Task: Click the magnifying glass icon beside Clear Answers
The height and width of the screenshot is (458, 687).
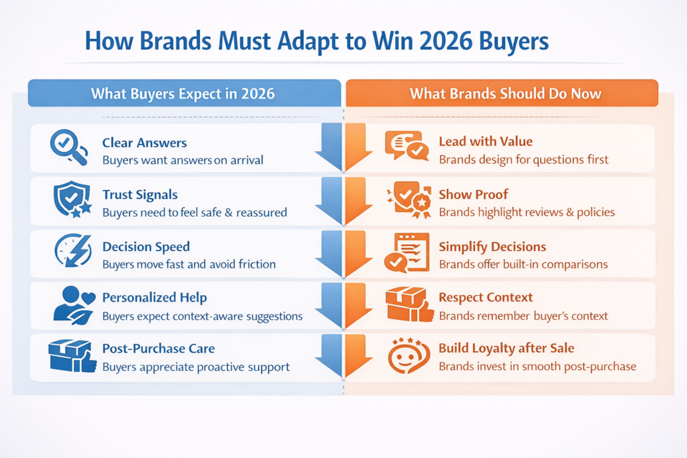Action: (69, 148)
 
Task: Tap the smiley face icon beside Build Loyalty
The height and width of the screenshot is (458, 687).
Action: (408, 356)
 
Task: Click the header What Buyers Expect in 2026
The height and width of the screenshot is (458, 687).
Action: (183, 93)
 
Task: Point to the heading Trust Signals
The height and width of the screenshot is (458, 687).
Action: (140, 194)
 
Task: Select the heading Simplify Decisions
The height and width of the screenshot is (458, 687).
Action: (492, 247)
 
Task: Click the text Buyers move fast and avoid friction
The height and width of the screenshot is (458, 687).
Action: (189, 264)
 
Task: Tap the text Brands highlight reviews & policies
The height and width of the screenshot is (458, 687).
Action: (527, 212)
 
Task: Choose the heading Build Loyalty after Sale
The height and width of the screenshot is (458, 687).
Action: (507, 349)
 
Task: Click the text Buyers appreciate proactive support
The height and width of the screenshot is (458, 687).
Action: (196, 367)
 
